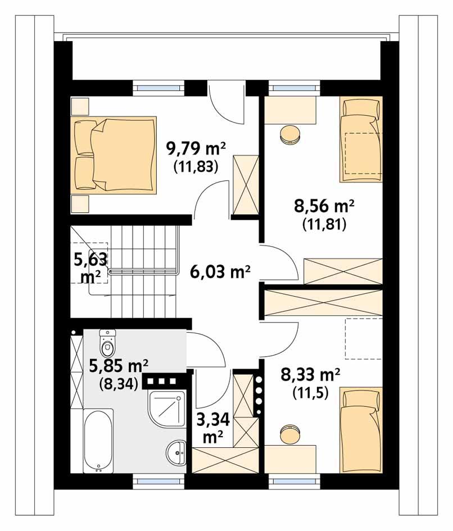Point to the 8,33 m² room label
click(x=310, y=373)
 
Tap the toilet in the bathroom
click(x=107, y=341)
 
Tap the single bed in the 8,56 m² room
click(x=360, y=140)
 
